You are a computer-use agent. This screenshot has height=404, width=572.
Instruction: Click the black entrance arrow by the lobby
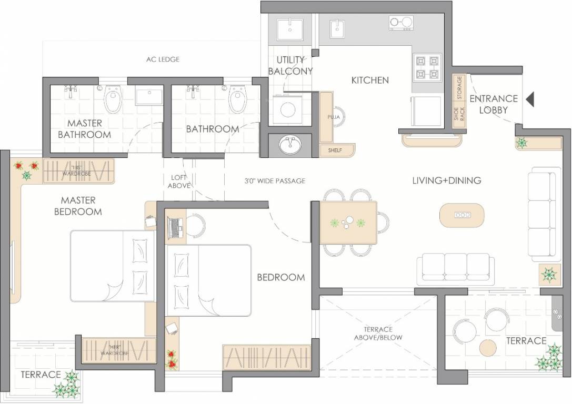click(x=530, y=99)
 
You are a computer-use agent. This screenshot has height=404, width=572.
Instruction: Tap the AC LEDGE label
click(x=163, y=59)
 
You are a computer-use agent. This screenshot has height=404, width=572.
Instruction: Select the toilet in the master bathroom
click(x=113, y=100)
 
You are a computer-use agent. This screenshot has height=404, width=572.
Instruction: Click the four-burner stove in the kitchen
click(x=427, y=67)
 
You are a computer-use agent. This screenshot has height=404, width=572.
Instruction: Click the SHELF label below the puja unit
click(x=335, y=150)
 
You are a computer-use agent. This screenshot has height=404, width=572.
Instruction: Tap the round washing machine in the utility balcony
click(x=287, y=109)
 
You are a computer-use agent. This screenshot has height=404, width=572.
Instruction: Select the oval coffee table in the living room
click(x=461, y=215)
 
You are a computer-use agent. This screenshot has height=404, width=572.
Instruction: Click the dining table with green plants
click(x=348, y=223)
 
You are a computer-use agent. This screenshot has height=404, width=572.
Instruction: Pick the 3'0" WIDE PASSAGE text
click(x=275, y=181)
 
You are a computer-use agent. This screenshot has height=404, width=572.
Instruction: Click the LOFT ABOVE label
click(x=179, y=181)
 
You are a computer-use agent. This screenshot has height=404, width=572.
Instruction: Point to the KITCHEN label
click(x=370, y=80)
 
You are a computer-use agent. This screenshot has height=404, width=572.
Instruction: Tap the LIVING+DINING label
click(x=447, y=180)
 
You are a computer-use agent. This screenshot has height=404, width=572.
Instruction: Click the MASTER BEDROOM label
click(x=78, y=206)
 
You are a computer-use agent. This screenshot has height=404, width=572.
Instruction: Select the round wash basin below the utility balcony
click(x=288, y=146)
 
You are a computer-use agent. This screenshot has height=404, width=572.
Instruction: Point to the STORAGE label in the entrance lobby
click(x=459, y=88)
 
